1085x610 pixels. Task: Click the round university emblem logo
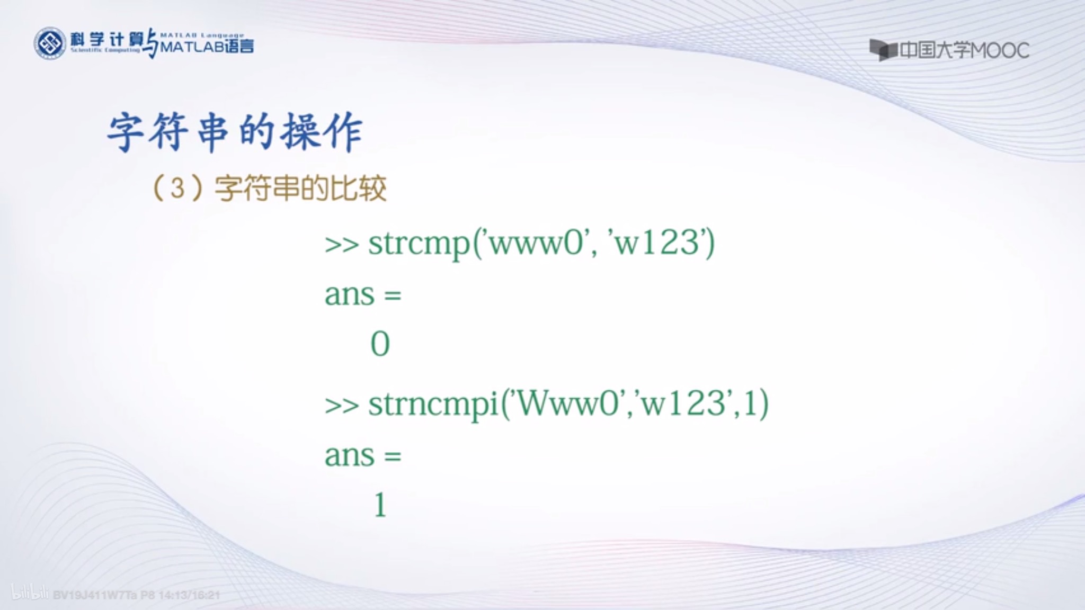(50, 43)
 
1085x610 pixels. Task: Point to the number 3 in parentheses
(178, 188)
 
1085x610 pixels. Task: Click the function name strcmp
(419, 244)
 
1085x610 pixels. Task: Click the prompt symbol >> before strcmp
(342, 245)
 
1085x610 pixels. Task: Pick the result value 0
(380, 344)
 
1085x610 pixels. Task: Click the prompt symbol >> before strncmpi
(342, 406)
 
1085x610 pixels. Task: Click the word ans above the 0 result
(350, 294)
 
